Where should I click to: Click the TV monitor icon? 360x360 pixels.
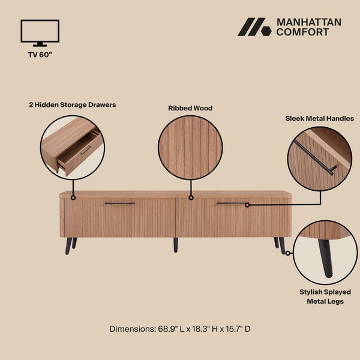pyautogui.click(x=40, y=32)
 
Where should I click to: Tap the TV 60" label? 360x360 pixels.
pyautogui.click(x=40, y=55)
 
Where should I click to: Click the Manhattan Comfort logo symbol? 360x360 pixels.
pyautogui.click(x=254, y=27)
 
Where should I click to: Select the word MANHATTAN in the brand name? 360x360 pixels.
pyautogui.click(x=308, y=22)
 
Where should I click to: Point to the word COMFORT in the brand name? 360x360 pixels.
pyautogui.click(x=302, y=32)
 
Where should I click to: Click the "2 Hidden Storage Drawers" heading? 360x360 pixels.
pyautogui.click(x=72, y=104)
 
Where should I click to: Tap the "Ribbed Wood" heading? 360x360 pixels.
pyautogui.click(x=190, y=109)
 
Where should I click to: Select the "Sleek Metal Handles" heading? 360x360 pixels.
pyautogui.click(x=319, y=118)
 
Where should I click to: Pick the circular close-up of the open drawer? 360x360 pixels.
pyautogui.click(x=72, y=148)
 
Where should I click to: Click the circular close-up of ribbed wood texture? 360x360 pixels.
pyautogui.click(x=190, y=148)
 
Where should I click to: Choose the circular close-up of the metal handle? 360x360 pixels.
pyautogui.click(x=319, y=159)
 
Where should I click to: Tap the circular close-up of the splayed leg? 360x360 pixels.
pyautogui.click(x=325, y=253)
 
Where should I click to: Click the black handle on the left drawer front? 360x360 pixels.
pyautogui.click(x=120, y=204)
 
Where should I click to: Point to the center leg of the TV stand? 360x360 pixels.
pyautogui.click(x=176, y=244)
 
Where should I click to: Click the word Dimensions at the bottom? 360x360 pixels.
pyautogui.click(x=131, y=329)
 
